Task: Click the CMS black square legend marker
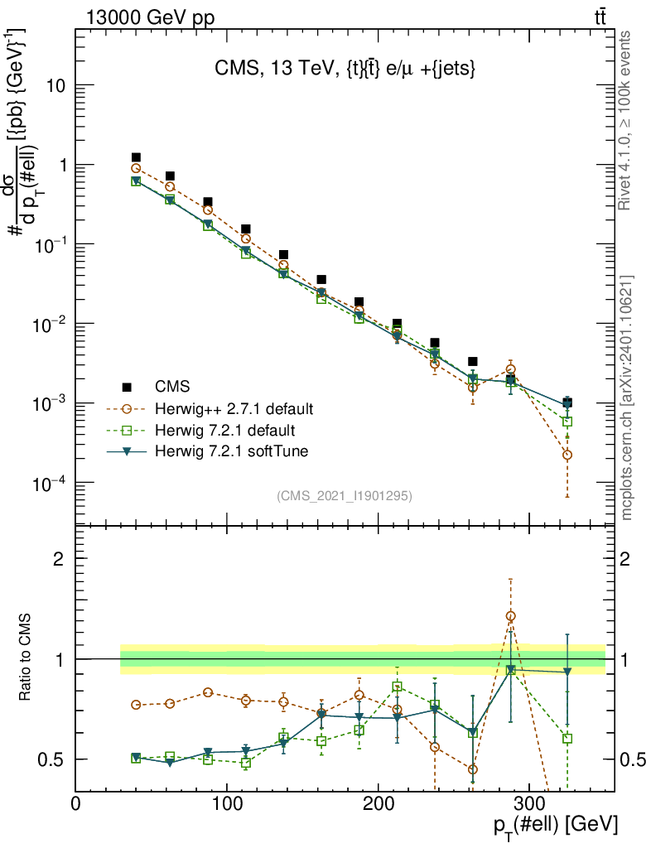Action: pyautogui.click(x=128, y=387)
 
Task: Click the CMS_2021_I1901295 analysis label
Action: pyautogui.click(x=344, y=495)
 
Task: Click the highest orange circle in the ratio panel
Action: pyautogui.click(x=511, y=616)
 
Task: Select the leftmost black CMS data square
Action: pyautogui.click(x=136, y=157)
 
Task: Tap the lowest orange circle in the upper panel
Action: pyautogui.click(x=567, y=455)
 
